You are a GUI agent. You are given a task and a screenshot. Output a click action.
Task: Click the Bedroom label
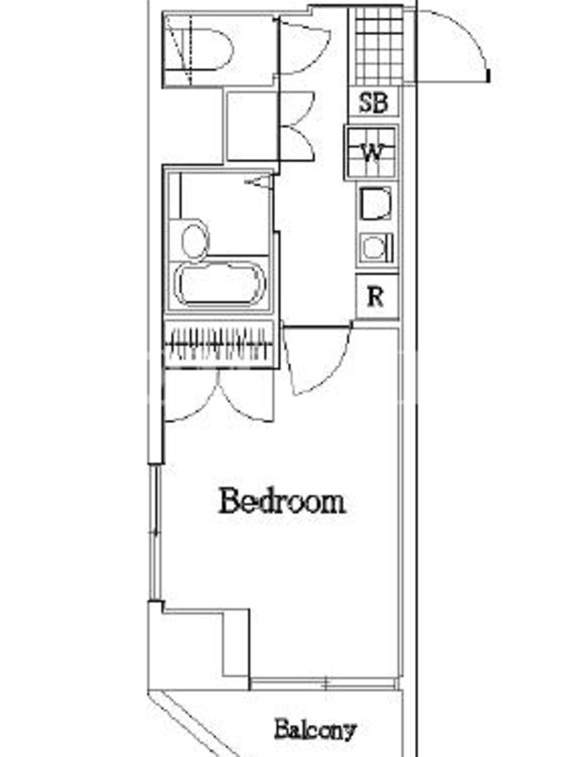[282, 502]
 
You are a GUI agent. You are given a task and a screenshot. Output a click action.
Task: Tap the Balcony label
[316, 730]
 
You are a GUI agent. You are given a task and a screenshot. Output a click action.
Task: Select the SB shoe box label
[373, 102]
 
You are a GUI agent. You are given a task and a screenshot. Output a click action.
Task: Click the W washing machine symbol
[371, 152]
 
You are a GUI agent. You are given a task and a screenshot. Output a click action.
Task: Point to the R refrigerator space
[376, 296]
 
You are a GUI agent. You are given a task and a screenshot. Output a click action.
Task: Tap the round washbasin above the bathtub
[196, 240]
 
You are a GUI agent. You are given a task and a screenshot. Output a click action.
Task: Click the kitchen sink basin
[375, 204]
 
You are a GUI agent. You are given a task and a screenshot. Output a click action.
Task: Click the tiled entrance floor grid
[379, 45]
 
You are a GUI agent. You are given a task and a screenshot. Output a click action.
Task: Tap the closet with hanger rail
[219, 343]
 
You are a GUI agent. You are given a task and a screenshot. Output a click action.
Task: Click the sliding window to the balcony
[324, 683]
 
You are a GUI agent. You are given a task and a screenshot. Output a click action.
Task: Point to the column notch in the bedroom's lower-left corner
[236, 643]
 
